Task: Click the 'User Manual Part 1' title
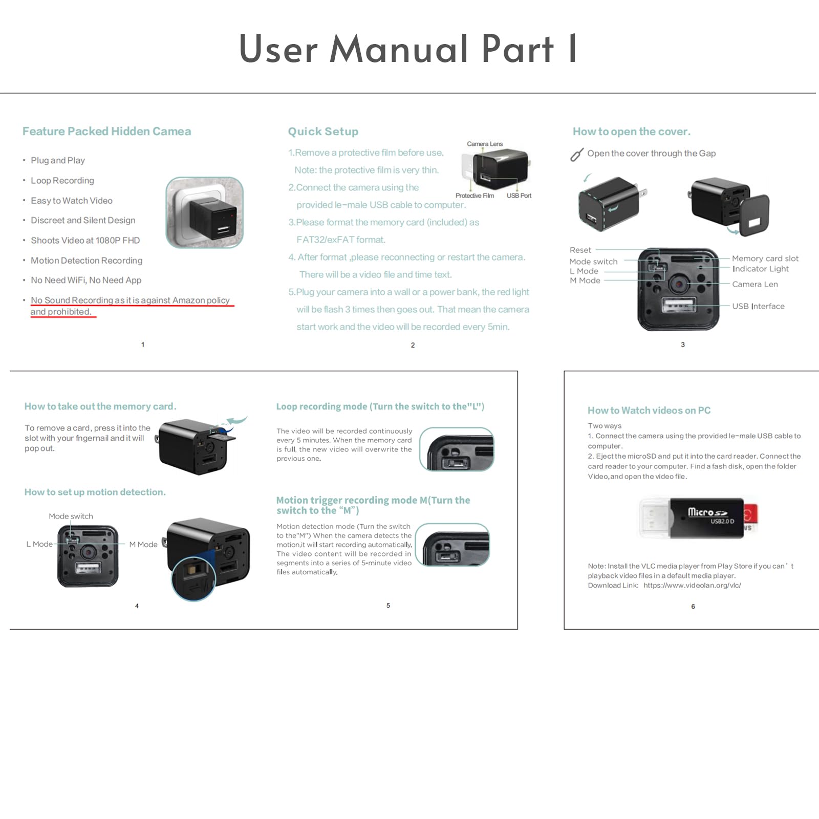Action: tap(408, 49)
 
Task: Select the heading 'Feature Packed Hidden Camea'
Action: tap(106, 132)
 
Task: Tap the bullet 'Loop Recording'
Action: tap(62, 181)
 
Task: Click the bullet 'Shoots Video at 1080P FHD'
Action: tap(85, 241)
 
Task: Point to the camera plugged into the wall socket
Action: tap(205, 213)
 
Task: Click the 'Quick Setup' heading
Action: tap(323, 132)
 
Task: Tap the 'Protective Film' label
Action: tap(475, 196)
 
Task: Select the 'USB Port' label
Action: tap(519, 196)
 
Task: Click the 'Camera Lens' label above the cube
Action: tap(484, 144)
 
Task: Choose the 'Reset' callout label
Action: tap(580, 250)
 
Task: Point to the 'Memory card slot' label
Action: tap(765, 258)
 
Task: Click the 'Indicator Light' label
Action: tap(760, 269)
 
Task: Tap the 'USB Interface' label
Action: tap(758, 306)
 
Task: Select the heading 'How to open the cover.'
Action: tap(631, 132)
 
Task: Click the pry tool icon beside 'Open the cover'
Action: tap(577, 154)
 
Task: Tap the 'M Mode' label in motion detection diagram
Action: tap(143, 545)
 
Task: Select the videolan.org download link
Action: tap(692, 586)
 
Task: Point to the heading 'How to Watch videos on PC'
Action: tap(649, 411)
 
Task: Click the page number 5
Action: tap(388, 606)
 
